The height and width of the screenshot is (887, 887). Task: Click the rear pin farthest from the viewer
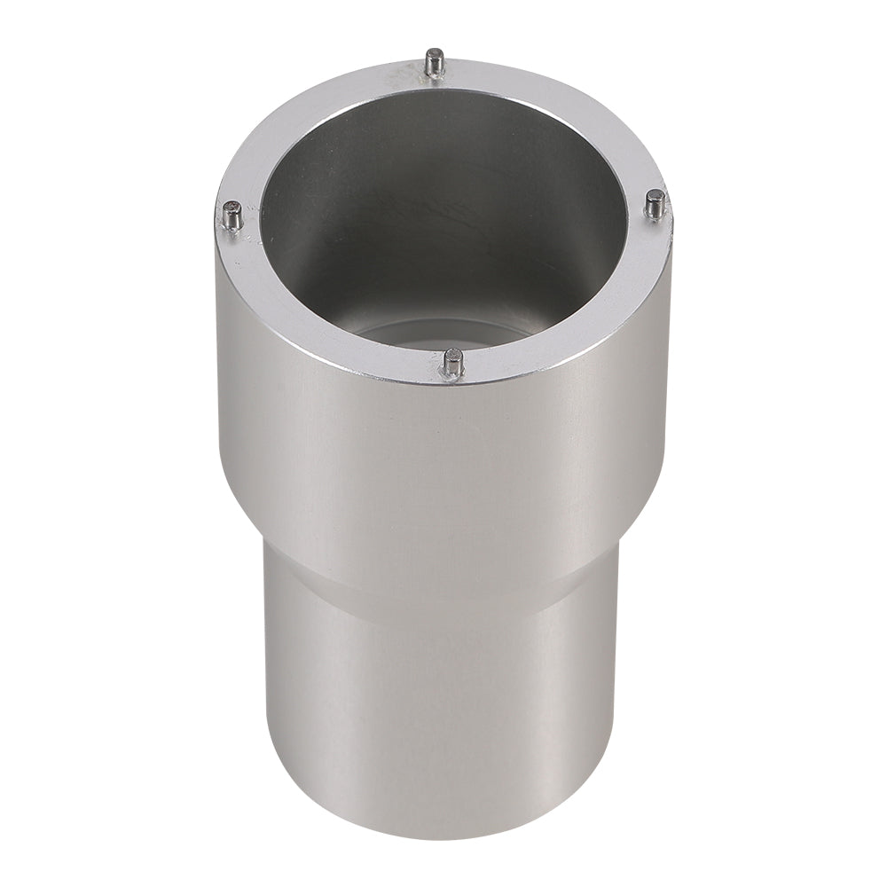pyautogui.click(x=432, y=64)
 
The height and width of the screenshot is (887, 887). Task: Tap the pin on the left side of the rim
pyautogui.click(x=232, y=215)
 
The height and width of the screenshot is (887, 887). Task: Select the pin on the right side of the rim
pyautogui.click(x=655, y=204)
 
